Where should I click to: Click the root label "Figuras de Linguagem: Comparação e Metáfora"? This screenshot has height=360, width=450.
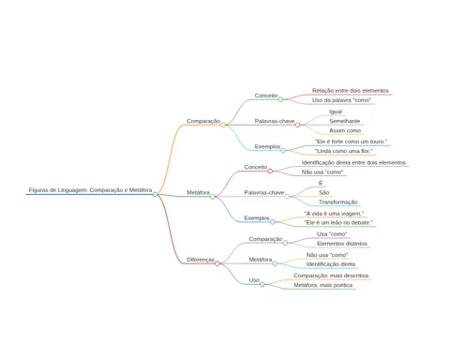90,190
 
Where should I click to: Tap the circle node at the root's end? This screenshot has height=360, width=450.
155,194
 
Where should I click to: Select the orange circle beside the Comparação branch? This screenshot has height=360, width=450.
223,125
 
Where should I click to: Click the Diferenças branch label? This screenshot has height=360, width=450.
201,260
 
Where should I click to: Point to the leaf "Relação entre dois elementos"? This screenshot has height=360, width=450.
351,91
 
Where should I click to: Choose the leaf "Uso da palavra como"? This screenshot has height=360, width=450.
341,100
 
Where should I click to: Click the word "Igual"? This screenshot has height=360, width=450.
336,112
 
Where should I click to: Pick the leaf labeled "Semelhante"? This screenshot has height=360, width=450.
344,121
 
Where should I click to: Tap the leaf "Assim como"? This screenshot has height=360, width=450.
345,130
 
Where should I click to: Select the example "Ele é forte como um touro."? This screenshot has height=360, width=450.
351,142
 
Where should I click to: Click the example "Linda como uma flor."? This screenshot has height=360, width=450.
344,151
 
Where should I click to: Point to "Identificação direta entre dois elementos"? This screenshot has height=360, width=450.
353,162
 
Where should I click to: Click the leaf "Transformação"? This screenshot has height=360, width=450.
338,202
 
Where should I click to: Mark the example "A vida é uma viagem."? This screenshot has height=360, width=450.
334,214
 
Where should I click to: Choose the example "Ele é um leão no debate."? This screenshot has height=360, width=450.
338,222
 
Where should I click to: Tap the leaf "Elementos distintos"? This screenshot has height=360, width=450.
342,244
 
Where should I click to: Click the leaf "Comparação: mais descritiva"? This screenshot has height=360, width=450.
331,276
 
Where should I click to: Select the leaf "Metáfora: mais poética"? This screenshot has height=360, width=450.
323,285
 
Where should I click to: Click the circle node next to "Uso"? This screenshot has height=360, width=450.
262,284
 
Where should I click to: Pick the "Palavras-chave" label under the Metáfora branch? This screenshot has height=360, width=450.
264,192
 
